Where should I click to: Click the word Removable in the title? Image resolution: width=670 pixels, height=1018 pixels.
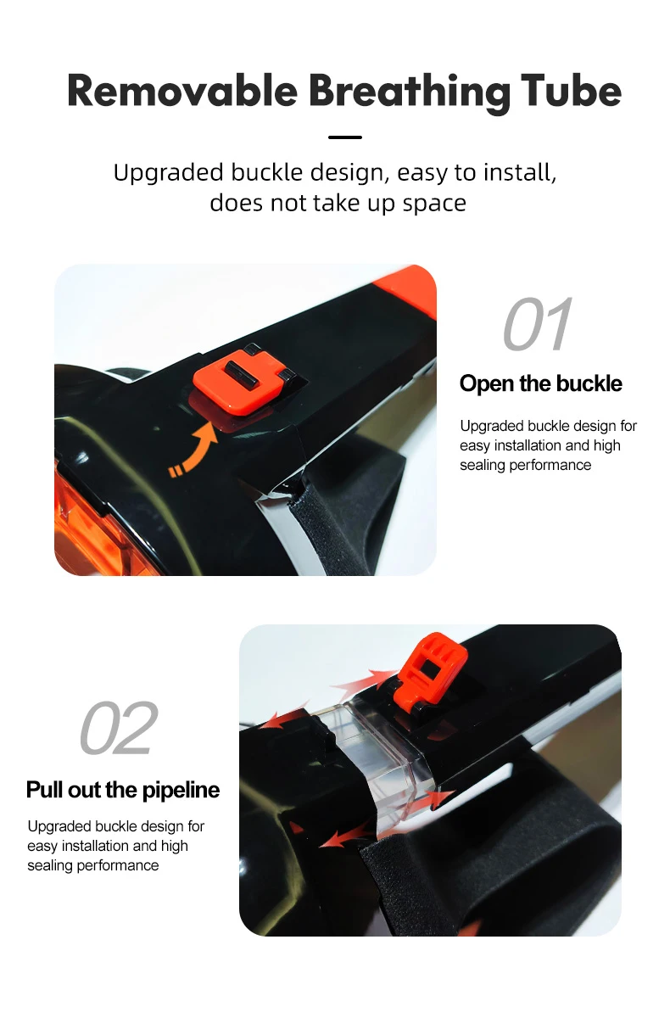tap(182, 91)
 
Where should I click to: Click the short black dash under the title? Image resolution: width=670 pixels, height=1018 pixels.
tap(345, 137)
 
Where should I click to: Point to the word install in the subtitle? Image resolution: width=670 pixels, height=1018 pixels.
tap(519, 173)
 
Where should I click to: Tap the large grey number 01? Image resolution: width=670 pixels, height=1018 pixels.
tap(537, 323)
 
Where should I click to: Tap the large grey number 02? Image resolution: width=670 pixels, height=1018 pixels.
tap(119, 727)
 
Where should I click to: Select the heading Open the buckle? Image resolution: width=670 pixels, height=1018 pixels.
tap(540, 383)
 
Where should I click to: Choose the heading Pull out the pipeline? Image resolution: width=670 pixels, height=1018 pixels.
tap(123, 790)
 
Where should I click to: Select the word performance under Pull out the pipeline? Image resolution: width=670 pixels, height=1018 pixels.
tap(118, 865)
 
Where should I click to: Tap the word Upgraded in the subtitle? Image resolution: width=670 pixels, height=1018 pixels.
tap(169, 173)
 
